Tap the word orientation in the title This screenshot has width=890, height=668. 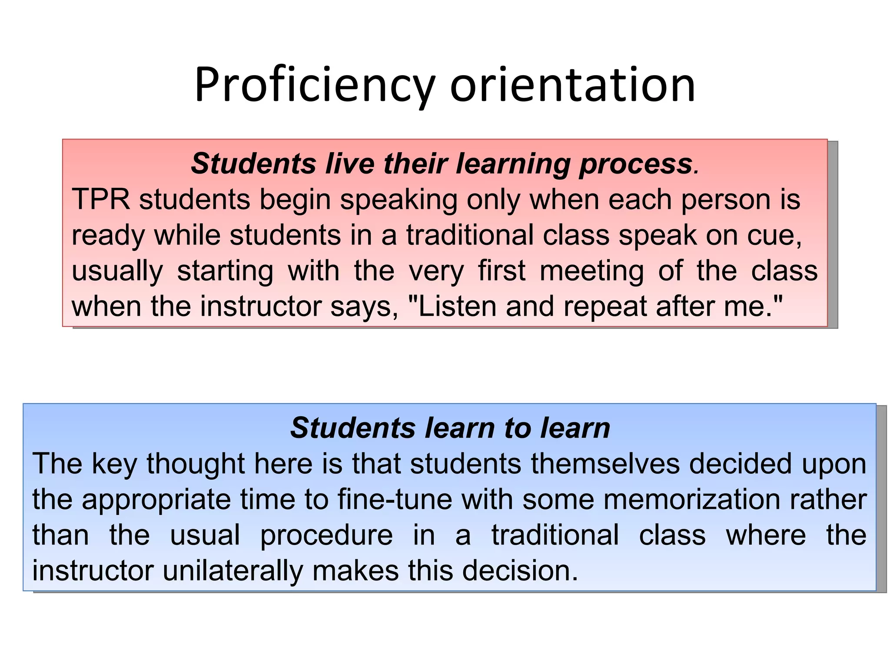[x=572, y=85]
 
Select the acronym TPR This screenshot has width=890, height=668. [x=101, y=200]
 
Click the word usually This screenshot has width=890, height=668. [x=117, y=271]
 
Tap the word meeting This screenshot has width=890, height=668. [x=591, y=271]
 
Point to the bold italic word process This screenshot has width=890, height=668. [x=636, y=164]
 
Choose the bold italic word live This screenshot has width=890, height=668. [x=350, y=164]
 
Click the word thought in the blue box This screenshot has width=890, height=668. [x=196, y=463]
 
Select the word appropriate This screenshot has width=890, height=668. [x=156, y=500]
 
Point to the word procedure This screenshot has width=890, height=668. [x=326, y=535]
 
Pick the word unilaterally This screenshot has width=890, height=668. [x=233, y=571]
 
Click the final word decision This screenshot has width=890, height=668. [x=520, y=571]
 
